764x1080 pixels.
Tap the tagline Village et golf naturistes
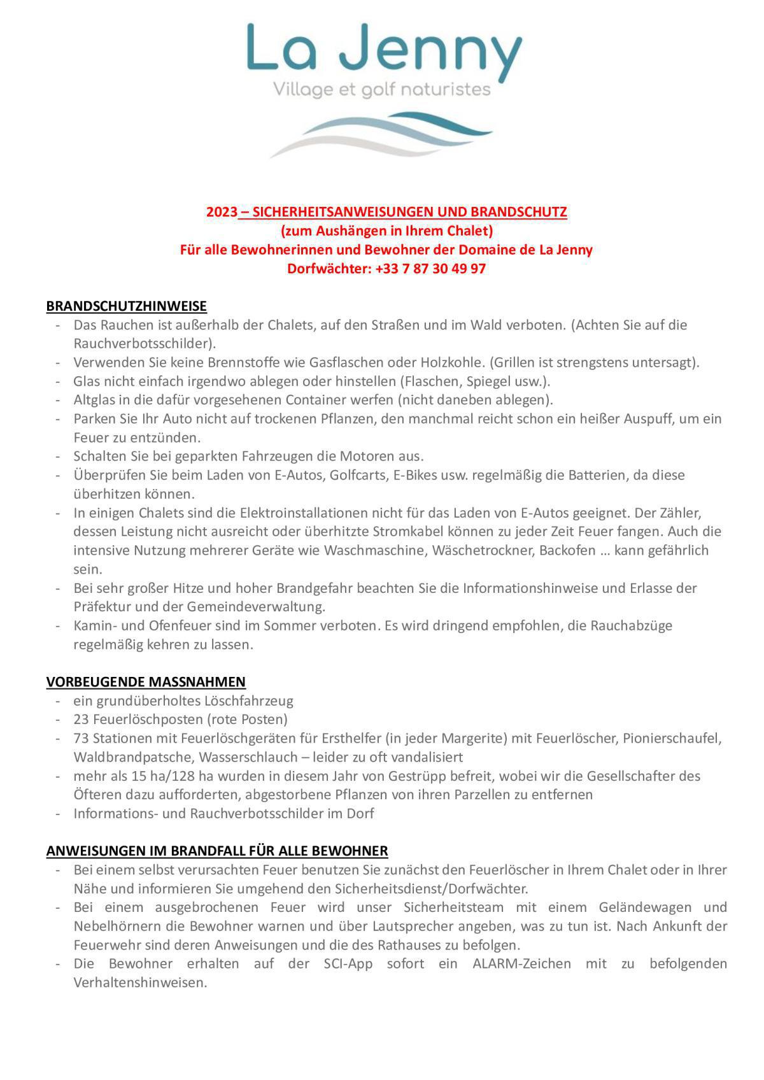382,89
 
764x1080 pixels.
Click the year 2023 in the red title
222,212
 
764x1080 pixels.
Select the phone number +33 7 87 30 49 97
430,269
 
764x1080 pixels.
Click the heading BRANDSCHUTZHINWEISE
126,306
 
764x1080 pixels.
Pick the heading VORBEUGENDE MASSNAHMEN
146,682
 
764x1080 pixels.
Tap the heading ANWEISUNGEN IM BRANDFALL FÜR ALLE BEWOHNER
217,851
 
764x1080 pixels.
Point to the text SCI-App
348,964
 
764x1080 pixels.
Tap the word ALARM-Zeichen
521,964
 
